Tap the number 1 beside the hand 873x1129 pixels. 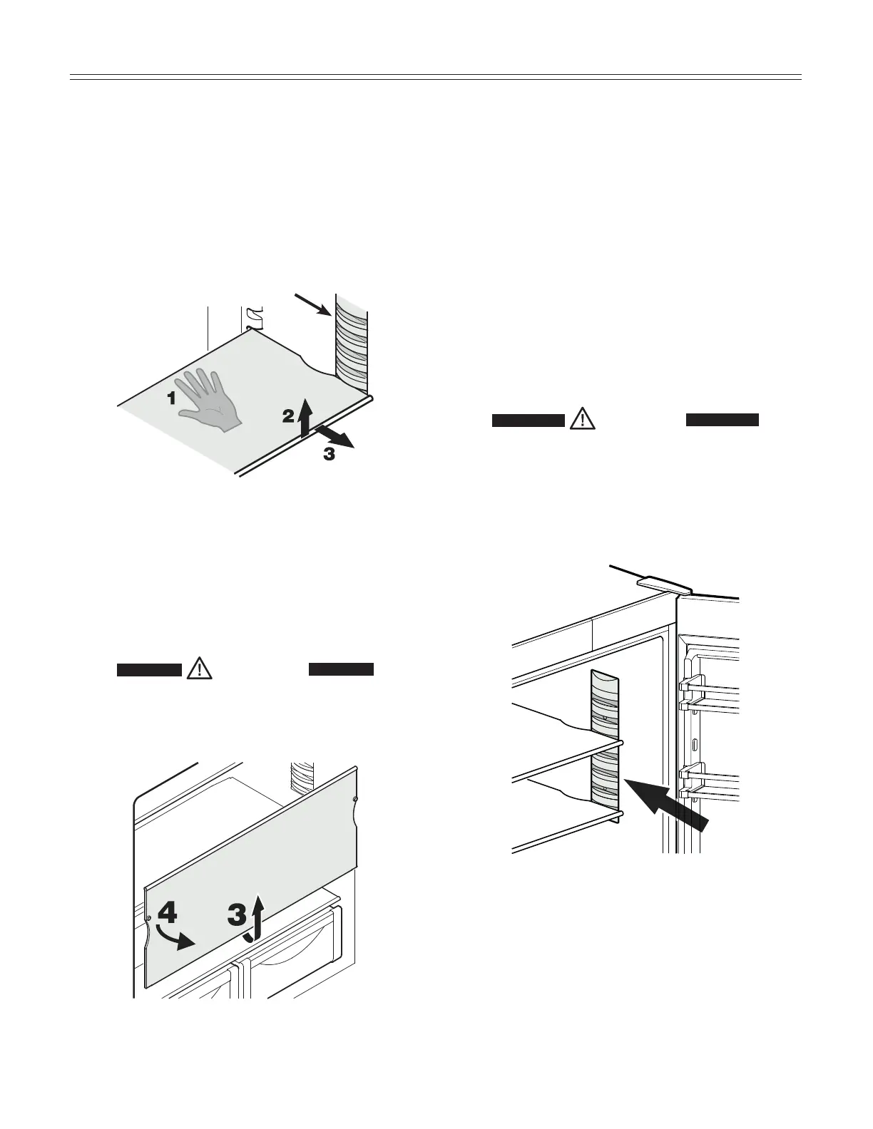coord(171,399)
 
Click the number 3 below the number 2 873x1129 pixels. coord(329,454)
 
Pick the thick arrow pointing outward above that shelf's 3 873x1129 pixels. coord(335,435)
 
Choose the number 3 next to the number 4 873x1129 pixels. coord(237,915)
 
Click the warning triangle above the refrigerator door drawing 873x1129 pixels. coord(583,419)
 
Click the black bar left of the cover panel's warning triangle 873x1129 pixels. coord(149,669)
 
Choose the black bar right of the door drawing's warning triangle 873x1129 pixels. coord(722,420)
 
